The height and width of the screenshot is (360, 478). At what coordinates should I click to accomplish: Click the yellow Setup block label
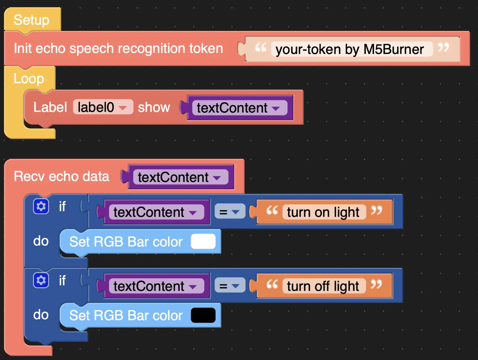32,20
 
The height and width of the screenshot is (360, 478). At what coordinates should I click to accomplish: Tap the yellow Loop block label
29,78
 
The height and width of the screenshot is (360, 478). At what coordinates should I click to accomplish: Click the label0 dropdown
103,107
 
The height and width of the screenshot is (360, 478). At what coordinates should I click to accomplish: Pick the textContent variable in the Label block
240,108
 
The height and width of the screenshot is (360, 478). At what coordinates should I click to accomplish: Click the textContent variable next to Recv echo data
181,177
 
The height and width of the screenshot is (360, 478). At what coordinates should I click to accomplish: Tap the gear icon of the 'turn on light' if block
41,206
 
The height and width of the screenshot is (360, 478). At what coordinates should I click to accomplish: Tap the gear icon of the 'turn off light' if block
41,280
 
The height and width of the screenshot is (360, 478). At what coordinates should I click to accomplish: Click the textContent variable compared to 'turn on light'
157,212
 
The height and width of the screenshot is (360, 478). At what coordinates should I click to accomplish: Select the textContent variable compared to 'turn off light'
157,286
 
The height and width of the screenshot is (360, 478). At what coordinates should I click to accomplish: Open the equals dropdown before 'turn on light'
230,211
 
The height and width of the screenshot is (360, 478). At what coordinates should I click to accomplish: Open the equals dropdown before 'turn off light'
230,285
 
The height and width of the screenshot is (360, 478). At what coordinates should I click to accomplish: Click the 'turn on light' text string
324,212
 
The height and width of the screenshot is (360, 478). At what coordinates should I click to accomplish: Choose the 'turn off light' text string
324,286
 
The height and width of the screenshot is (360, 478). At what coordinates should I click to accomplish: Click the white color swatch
203,241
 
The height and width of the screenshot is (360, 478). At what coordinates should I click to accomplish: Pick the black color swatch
203,315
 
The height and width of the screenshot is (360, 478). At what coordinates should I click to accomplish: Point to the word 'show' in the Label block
154,107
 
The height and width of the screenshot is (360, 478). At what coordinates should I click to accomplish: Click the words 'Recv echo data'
62,176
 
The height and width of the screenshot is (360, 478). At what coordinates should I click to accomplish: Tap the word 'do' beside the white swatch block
41,241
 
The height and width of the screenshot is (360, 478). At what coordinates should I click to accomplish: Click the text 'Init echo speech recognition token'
119,48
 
